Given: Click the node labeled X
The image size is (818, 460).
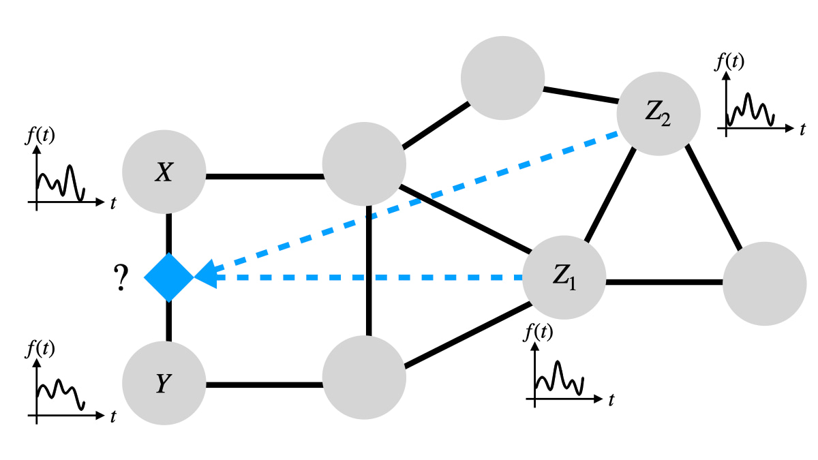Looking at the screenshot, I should click(x=164, y=173).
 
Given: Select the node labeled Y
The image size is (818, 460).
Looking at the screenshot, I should click(x=164, y=384).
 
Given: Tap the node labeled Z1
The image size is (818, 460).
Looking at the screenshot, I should click(x=564, y=277).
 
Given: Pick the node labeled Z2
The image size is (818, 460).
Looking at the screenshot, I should click(x=658, y=114).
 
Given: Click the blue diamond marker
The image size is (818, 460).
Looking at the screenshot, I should click(x=169, y=277).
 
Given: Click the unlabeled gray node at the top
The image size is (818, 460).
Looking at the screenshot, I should click(x=502, y=77).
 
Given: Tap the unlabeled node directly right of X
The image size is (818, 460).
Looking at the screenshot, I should click(x=364, y=164).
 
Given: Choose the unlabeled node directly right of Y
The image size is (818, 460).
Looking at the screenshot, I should click(x=364, y=375).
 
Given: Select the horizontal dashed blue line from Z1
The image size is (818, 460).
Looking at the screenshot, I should click(x=368, y=277).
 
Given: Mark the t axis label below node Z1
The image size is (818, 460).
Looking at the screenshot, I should click(x=611, y=400).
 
